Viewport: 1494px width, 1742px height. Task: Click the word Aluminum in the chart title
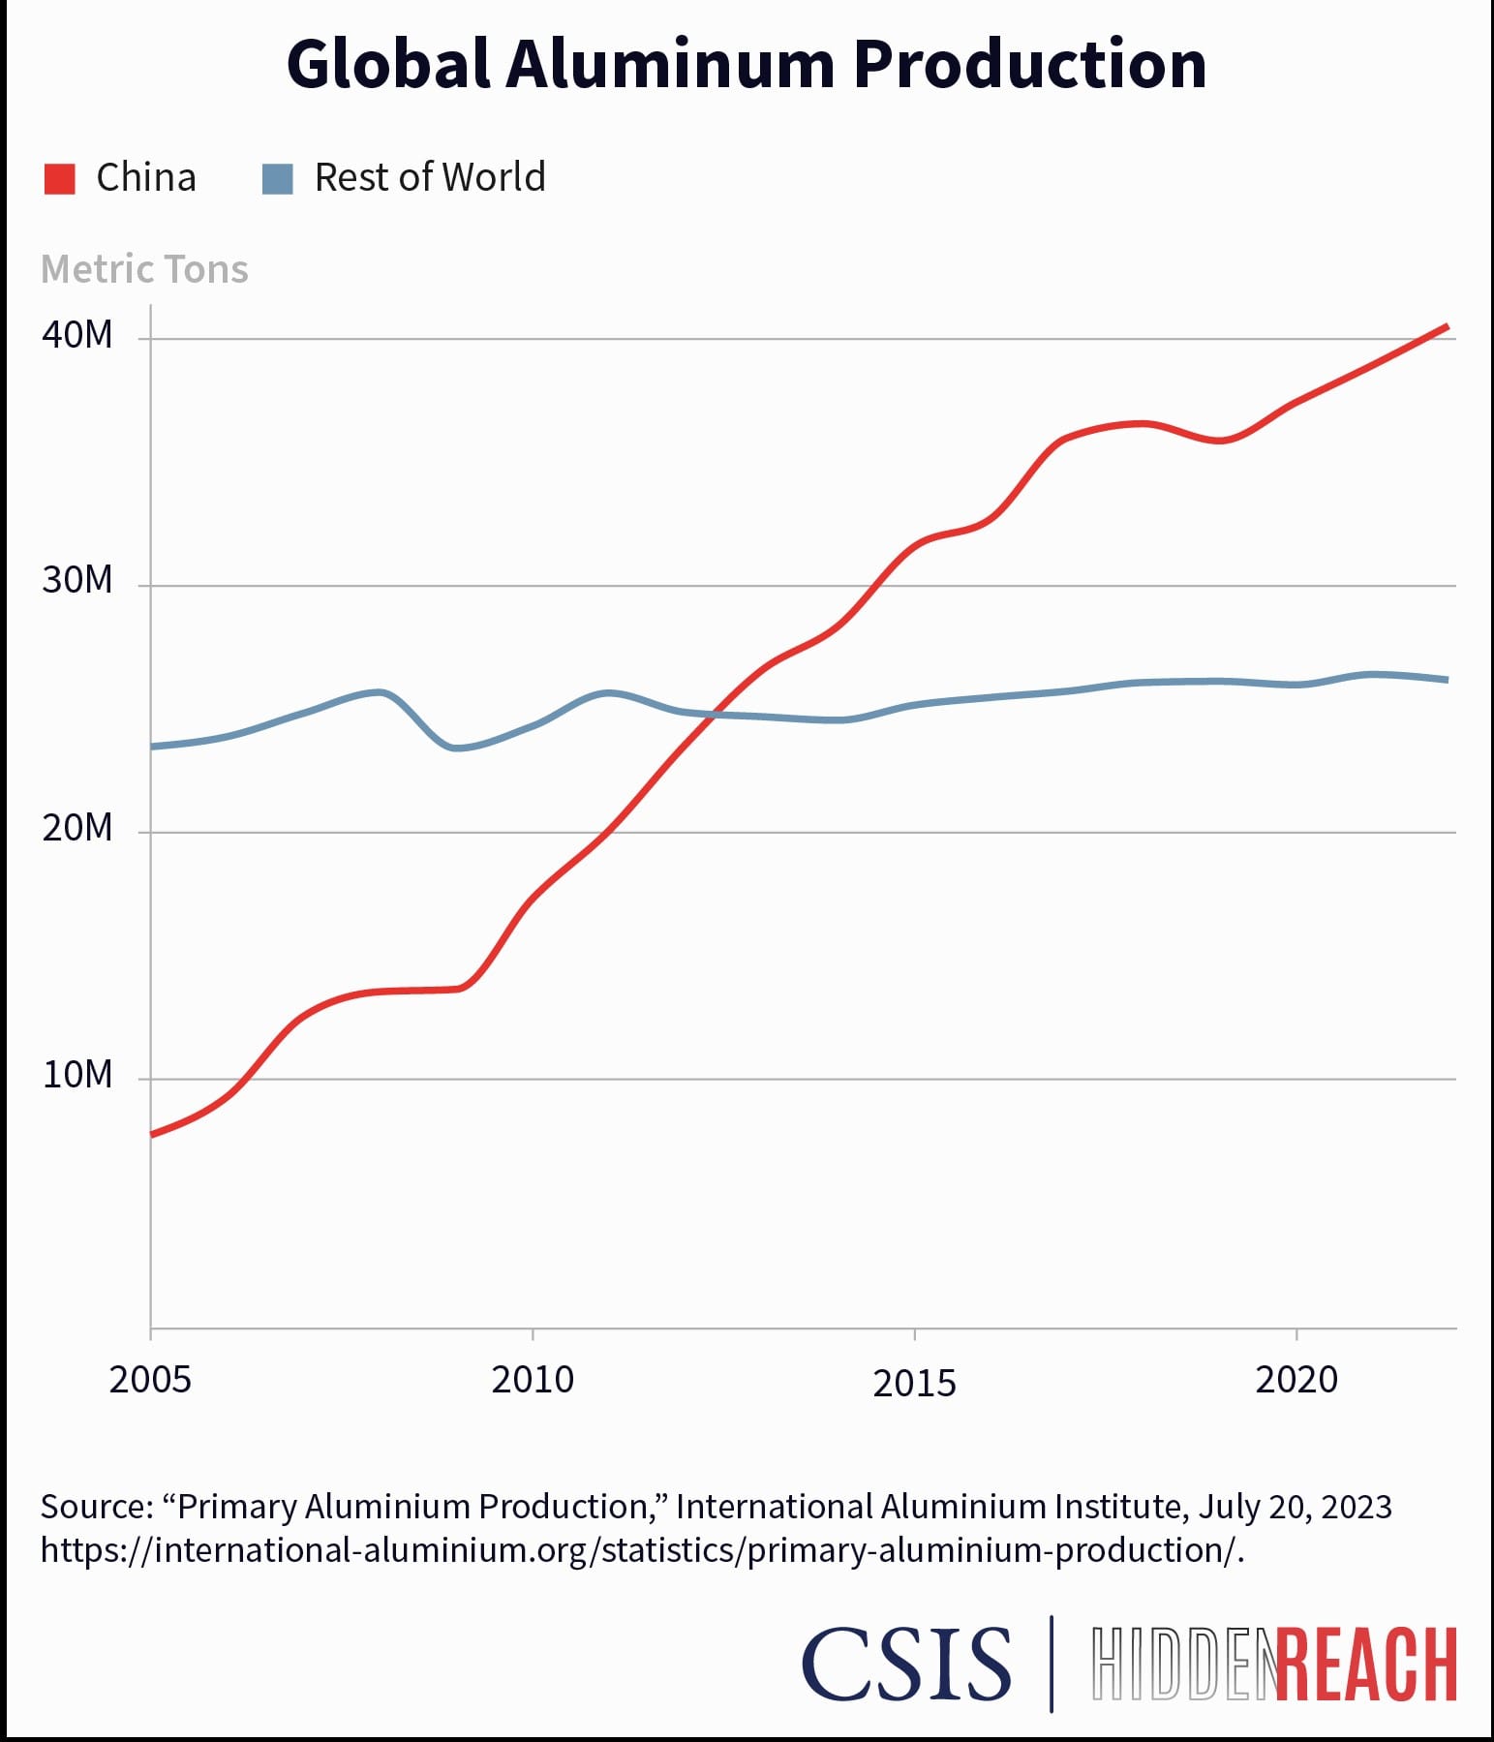(x=669, y=65)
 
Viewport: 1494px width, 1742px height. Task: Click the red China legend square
(x=60, y=179)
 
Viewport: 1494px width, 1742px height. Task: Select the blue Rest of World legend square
(x=278, y=179)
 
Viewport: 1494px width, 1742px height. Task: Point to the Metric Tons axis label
(x=144, y=269)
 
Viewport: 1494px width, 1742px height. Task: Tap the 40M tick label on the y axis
(x=77, y=335)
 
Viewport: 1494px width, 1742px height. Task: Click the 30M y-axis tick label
(x=77, y=581)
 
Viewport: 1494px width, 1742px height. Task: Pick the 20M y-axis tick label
(x=77, y=829)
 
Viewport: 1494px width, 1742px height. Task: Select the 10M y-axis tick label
(x=77, y=1075)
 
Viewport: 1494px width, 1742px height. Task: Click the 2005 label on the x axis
(x=150, y=1380)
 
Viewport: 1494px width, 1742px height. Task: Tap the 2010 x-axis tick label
(x=533, y=1380)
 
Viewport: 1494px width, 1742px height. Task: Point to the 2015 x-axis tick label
(x=914, y=1384)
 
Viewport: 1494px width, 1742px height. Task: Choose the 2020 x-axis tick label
(x=1296, y=1380)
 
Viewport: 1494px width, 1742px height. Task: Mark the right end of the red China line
(x=1448, y=326)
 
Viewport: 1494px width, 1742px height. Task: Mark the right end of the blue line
(x=1448, y=680)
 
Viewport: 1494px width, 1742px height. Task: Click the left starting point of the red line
(x=152, y=1134)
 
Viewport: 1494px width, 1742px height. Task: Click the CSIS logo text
(x=906, y=1664)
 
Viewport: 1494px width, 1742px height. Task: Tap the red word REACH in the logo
(x=1366, y=1664)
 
